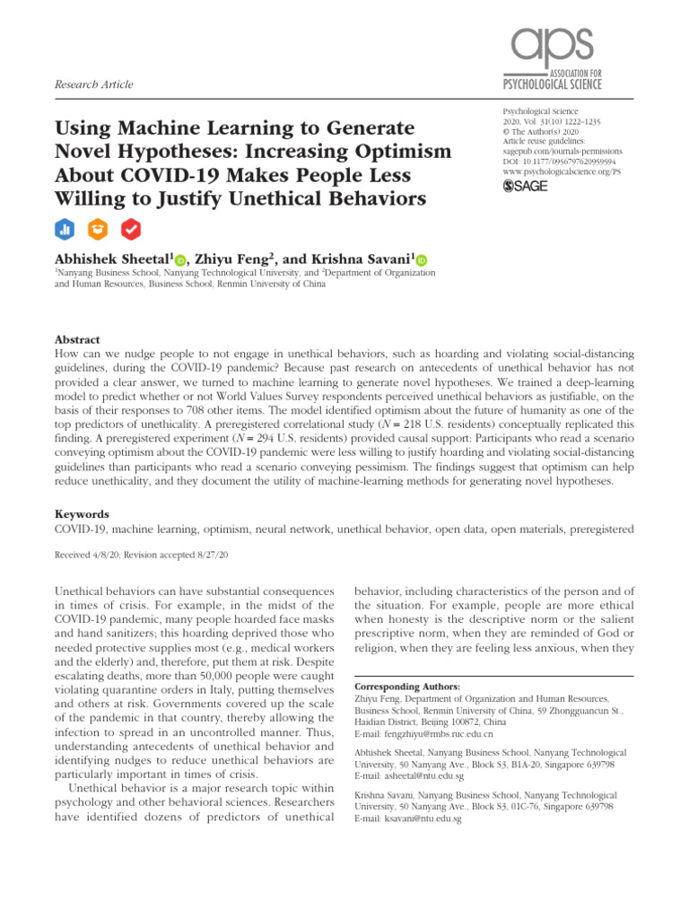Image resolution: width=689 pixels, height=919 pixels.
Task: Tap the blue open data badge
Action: [x=65, y=229]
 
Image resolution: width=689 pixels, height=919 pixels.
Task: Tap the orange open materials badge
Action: [x=99, y=229]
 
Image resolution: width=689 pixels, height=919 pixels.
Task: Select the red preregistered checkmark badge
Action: [x=132, y=229]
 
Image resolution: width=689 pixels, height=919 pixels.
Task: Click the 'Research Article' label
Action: [x=94, y=84]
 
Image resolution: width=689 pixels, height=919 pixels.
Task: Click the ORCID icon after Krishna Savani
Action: [x=422, y=260]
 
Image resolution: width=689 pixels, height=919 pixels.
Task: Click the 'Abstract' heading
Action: [x=78, y=341]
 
